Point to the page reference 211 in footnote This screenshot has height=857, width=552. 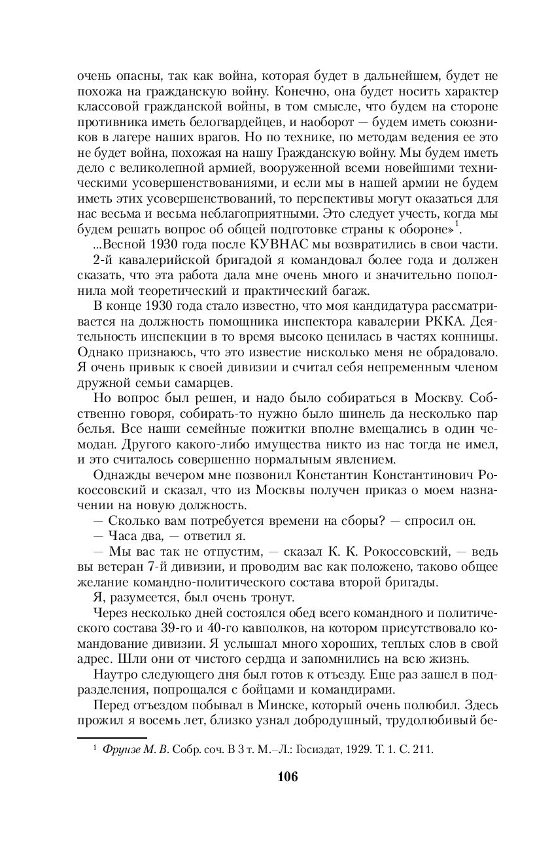pos(424,749)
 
